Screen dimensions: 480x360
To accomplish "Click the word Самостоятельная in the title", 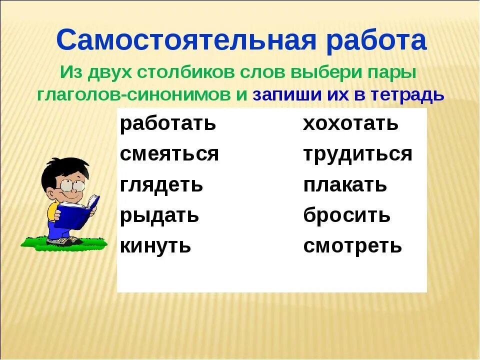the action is click(x=186, y=40).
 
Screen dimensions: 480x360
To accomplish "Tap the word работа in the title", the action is click(x=376, y=40).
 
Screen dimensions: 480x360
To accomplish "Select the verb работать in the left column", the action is click(x=168, y=123).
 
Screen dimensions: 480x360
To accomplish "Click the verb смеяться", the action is click(x=169, y=153).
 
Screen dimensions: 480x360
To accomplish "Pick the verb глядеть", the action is click(x=161, y=184).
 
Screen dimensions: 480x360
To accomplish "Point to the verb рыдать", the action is click(x=159, y=215).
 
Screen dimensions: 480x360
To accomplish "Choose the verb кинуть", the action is click(x=155, y=246).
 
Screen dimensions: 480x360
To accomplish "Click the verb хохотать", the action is click(x=351, y=123).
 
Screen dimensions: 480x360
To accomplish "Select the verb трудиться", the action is click(x=358, y=154).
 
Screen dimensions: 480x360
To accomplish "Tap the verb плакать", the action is click(x=345, y=184).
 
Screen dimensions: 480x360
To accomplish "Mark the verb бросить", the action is click(x=347, y=214).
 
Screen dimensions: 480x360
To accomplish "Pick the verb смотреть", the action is click(x=352, y=246).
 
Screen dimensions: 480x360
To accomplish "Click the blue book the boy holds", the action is click(x=76, y=213).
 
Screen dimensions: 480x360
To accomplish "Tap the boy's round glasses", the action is click(x=72, y=185).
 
